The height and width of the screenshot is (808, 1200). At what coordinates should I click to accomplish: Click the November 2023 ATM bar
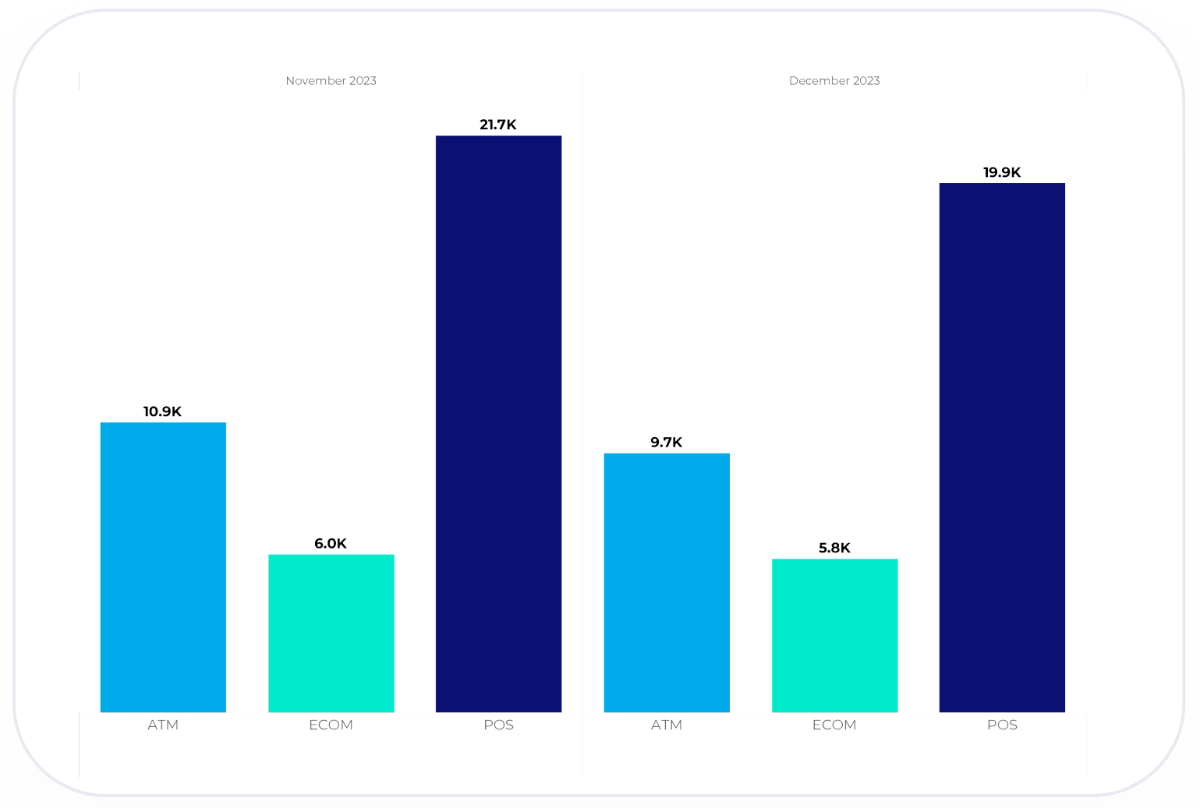coord(163,567)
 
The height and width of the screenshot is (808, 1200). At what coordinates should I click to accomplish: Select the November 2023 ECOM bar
coord(331,633)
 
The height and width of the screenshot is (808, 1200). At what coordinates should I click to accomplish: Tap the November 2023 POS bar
coord(499,424)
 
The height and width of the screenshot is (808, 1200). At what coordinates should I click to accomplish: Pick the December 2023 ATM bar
coord(667,583)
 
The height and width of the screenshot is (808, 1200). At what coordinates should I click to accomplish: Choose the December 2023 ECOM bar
coord(834,636)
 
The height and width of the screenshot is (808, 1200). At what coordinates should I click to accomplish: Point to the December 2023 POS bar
coord(1002,448)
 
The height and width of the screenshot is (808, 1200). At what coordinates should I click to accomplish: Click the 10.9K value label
coord(162,411)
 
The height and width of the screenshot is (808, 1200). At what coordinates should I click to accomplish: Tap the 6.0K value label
coord(331,544)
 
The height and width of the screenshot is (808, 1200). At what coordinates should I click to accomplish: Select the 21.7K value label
coord(498,125)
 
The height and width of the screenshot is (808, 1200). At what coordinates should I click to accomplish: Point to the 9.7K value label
coord(667,443)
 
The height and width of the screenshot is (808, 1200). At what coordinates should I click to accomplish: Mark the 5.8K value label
coord(834,548)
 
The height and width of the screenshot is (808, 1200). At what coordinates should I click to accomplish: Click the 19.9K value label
coord(1002,172)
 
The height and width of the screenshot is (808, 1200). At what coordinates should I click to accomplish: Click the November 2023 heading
coord(331,81)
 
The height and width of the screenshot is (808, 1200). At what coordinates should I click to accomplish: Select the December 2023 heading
coord(834,81)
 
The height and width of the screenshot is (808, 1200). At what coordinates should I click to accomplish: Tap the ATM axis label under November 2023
coord(163,725)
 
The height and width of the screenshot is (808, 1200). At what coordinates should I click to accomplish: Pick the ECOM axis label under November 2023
coord(331,725)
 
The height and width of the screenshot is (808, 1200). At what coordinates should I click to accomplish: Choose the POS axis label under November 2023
coord(499,725)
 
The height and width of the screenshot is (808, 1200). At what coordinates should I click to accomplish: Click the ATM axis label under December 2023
coord(667,725)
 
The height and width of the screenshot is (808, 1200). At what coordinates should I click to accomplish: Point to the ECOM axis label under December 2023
coord(834,725)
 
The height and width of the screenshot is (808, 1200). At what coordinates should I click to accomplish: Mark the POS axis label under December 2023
coord(1002,725)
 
